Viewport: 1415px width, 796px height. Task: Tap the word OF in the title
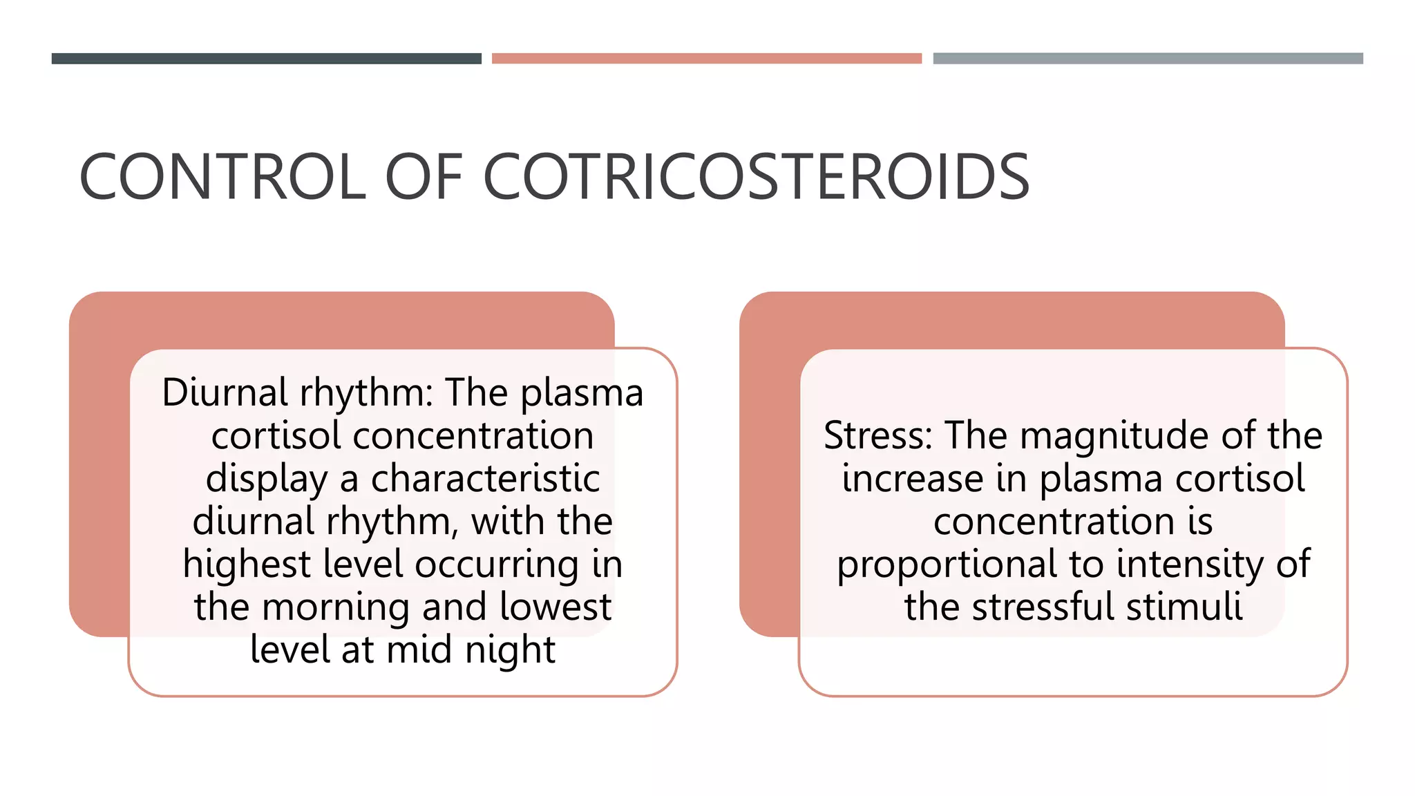(x=423, y=178)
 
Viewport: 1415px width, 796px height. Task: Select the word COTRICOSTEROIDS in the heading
(x=756, y=178)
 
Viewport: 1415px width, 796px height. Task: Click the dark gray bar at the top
(x=266, y=59)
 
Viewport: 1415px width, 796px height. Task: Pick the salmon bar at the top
(x=706, y=59)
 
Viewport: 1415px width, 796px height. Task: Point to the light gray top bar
(x=1148, y=59)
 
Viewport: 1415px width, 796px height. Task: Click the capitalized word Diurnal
(x=225, y=392)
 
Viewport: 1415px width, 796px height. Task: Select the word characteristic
(x=485, y=478)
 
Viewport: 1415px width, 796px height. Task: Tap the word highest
(x=247, y=564)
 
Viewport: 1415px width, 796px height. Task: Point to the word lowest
(x=555, y=607)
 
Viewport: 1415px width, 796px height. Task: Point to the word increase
(x=912, y=478)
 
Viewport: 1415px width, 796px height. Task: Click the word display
(x=267, y=478)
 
